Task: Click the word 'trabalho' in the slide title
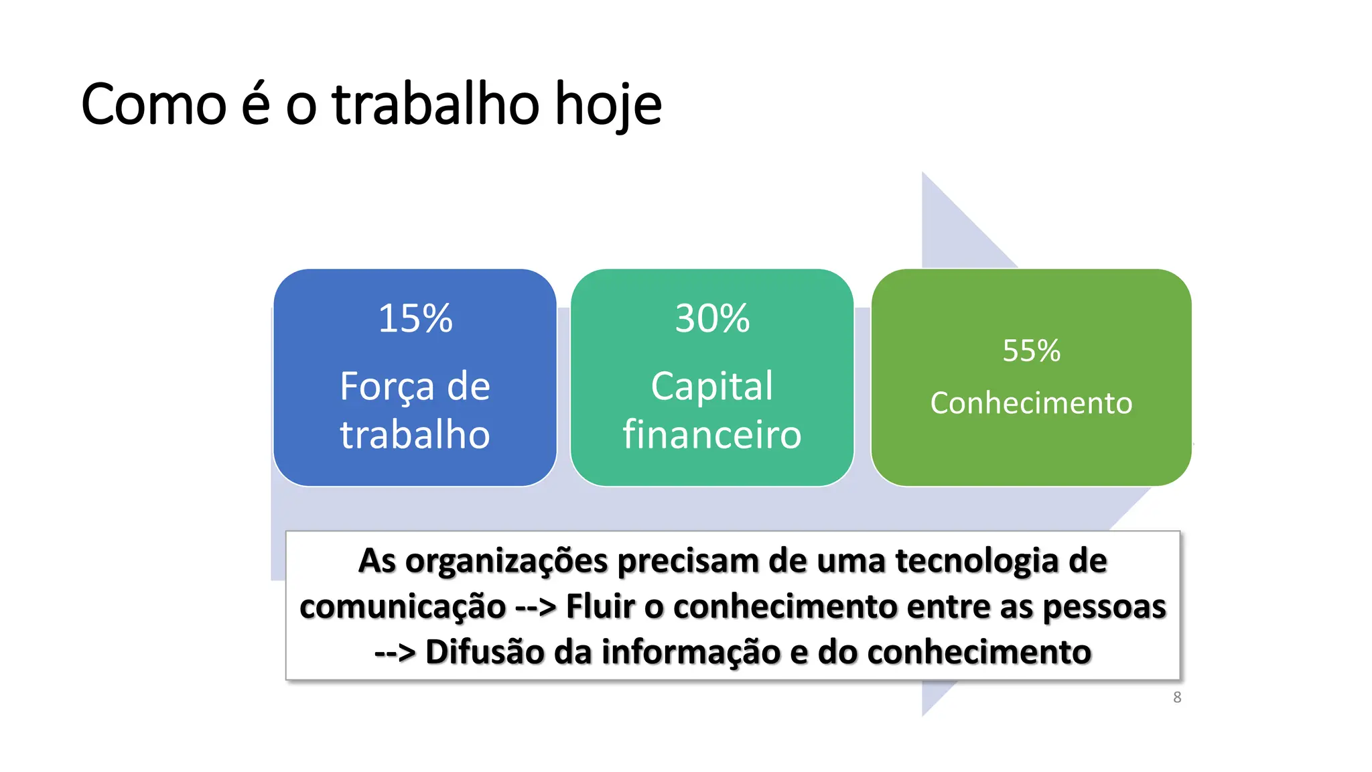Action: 436,105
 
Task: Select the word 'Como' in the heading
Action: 154,106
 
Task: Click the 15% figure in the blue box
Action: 415,318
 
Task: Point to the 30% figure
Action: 712,318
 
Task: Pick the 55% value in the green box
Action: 1031,350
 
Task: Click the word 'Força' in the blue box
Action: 387,387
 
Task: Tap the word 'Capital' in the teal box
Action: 712,387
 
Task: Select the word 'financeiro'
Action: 712,434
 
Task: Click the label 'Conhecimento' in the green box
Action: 1031,403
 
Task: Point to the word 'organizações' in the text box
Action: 506,562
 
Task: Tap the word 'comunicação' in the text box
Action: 403,607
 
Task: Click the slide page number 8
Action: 1177,698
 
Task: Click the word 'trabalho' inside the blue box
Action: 415,434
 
